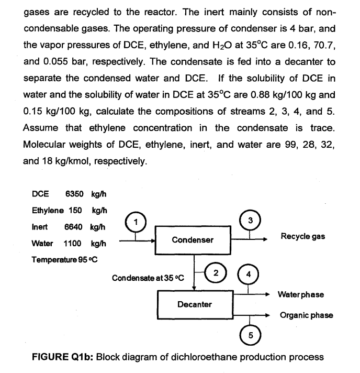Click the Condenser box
pyautogui.click(x=193, y=240)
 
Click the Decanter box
pyautogui.click(x=193, y=304)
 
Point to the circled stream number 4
pyautogui.click(x=249, y=273)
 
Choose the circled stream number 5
pyautogui.click(x=249, y=334)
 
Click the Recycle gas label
pyautogui.click(x=303, y=236)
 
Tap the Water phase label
pyautogui.click(x=302, y=294)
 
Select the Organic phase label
pyautogui.click(x=307, y=315)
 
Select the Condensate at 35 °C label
pyautogui.click(x=148, y=277)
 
